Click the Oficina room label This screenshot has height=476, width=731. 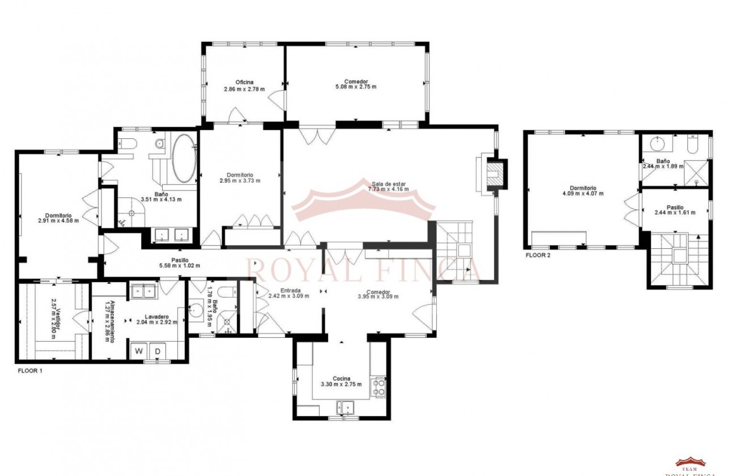click(x=244, y=82)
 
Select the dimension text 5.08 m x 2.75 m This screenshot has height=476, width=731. click(x=355, y=87)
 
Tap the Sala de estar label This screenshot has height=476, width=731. click(x=389, y=184)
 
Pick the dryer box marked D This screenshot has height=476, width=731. click(x=158, y=351)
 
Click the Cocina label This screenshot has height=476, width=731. click(x=342, y=379)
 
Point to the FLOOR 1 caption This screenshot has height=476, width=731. click(x=30, y=371)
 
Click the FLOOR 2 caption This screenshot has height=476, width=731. click(x=538, y=256)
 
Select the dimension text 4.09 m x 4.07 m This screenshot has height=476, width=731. click(x=583, y=194)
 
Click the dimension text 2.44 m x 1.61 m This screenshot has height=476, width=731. click(x=674, y=213)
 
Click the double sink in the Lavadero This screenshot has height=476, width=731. click(x=144, y=291)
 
